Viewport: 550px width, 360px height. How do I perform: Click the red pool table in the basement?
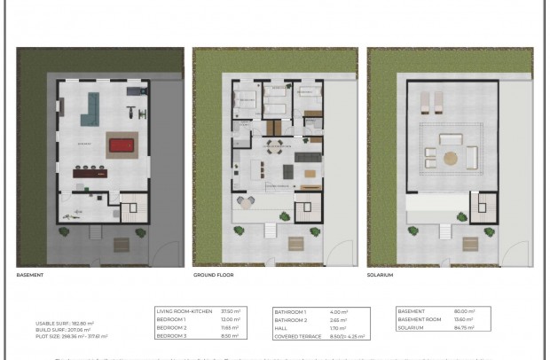pyautogui.click(x=122, y=146)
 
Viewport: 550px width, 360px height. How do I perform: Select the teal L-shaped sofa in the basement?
pyautogui.click(x=90, y=108)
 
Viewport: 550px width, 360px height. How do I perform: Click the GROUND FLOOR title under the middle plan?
pyautogui.click(x=214, y=275)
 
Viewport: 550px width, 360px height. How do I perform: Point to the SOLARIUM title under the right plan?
pyautogui.click(x=381, y=275)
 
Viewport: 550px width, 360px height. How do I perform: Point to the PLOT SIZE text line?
pyautogui.click(x=71, y=336)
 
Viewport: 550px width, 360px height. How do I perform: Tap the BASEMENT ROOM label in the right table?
pyautogui.click(x=422, y=320)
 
